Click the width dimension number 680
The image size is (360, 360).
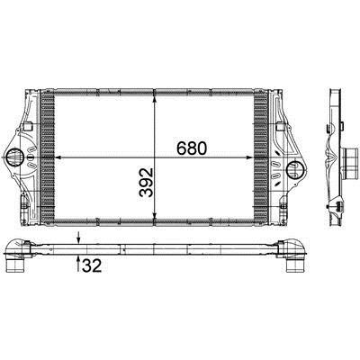click(192, 148)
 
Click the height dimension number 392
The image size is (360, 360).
click(147, 183)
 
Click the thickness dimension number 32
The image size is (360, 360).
click(92, 265)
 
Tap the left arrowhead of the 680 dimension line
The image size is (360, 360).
click(58, 157)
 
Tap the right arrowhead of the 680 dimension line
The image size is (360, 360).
click(249, 157)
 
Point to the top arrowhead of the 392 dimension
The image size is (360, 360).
click(154, 100)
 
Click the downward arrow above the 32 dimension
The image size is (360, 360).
click(78, 238)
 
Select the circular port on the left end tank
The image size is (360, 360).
click(14, 157)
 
